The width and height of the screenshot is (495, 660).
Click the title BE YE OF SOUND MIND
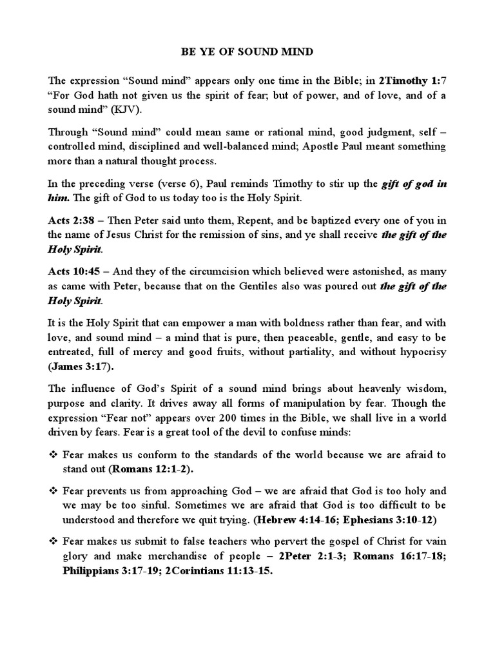tap(247, 48)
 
